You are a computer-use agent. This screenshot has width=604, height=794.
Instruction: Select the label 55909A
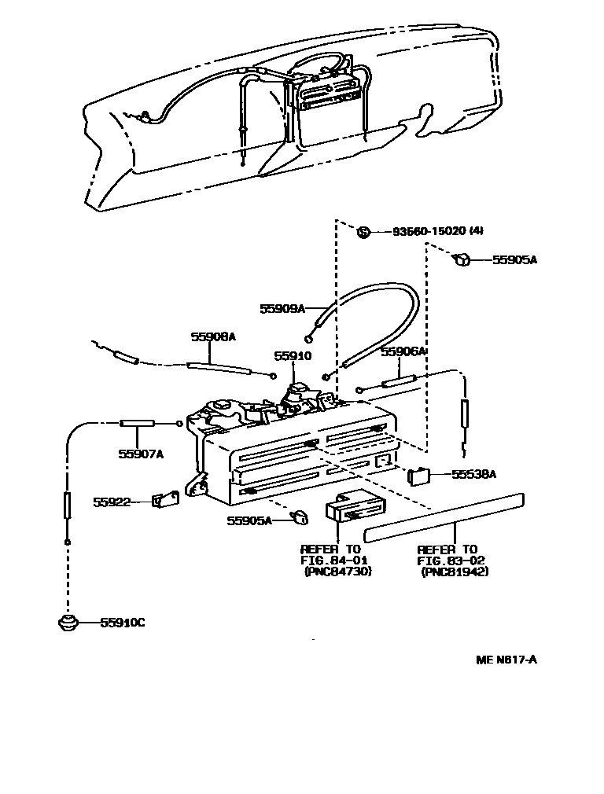[x=282, y=309]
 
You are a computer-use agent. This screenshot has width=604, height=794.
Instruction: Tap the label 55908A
[x=213, y=336]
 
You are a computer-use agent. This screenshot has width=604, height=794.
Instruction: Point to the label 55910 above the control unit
[x=293, y=355]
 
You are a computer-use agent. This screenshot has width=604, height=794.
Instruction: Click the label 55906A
[x=403, y=353]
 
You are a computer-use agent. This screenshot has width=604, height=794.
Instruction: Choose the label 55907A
[x=141, y=454]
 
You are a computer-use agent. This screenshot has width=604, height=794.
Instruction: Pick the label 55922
[x=109, y=501]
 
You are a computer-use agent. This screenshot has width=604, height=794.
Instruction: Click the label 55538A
[x=473, y=474]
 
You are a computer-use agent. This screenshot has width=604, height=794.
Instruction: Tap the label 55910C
[x=123, y=623]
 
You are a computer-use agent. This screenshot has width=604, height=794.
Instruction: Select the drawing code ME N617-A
[x=506, y=660]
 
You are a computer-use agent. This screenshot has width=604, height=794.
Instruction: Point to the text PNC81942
[x=454, y=572]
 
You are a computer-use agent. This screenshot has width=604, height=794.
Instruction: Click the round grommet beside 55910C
[x=68, y=622]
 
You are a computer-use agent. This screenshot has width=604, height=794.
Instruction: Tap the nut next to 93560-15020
[x=363, y=231]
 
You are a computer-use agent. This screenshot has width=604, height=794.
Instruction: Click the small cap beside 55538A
[x=418, y=473]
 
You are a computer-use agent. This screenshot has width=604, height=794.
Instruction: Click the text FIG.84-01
[x=330, y=560]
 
